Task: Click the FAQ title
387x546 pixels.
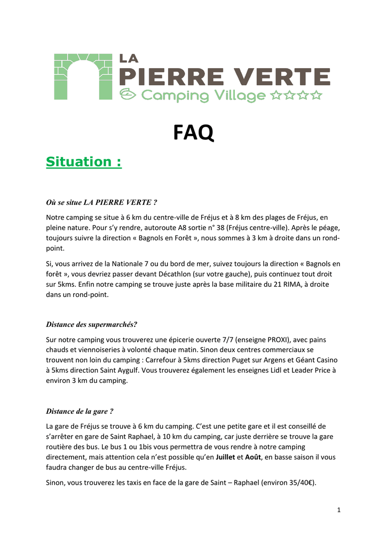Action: pos(193,133)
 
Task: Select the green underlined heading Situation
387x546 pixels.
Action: pos(84,162)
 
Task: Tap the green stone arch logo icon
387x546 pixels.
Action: pos(82,76)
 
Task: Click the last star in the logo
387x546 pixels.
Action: pos(317,95)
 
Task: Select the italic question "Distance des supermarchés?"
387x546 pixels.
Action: pos(92,324)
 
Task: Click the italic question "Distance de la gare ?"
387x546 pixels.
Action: pos(80,411)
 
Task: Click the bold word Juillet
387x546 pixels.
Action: pos(222,457)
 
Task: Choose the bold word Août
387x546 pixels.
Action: pos(253,457)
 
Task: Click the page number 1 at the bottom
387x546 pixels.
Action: pos(338,510)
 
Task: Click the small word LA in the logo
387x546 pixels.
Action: pos(129,59)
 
